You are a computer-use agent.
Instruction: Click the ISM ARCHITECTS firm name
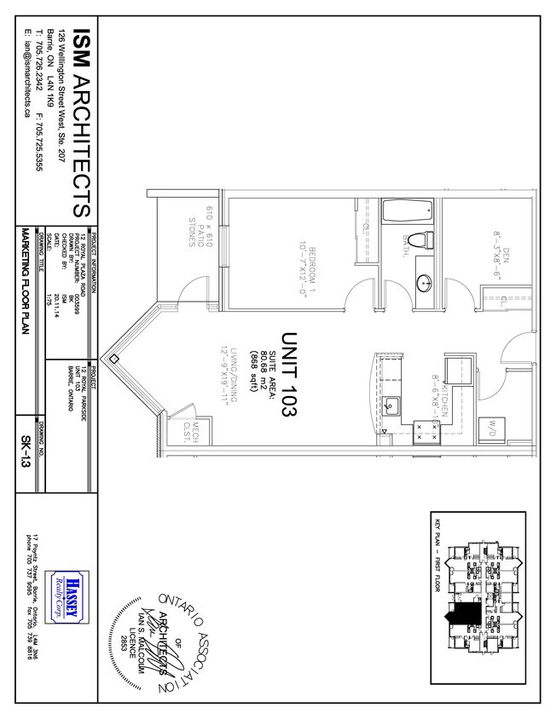pyautogui.click(x=83, y=123)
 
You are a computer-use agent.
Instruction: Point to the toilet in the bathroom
pyautogui.click(x=415, y=239)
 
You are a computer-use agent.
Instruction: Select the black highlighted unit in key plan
pyautogui.click(x=466, y=612)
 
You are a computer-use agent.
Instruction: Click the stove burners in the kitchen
pyautogui.click(x=424, y=429)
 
